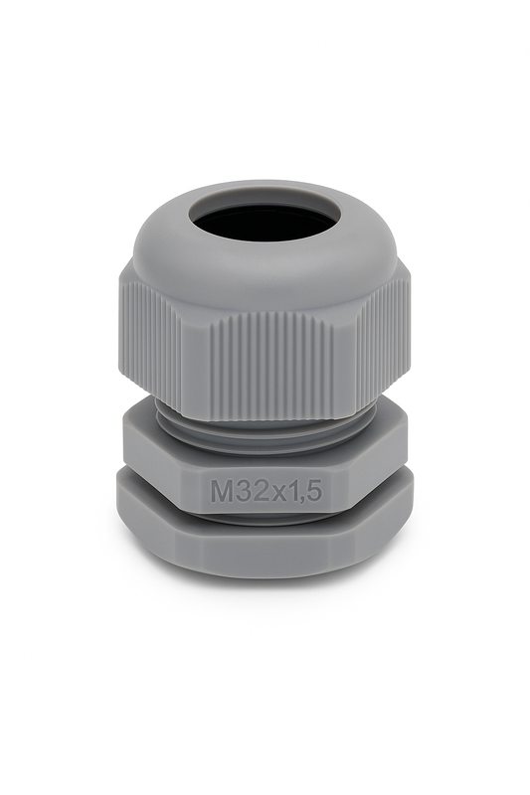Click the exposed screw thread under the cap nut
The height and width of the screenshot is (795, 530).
264,430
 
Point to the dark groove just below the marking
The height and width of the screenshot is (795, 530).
264,517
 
